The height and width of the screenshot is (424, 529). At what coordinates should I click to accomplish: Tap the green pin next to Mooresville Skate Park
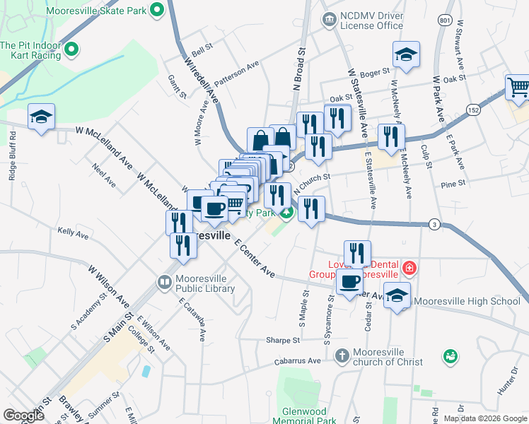click(157, 11)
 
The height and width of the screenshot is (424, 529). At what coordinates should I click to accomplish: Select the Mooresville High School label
click(466, 301)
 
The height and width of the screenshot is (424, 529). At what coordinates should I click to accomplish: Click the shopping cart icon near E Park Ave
click(518, 88)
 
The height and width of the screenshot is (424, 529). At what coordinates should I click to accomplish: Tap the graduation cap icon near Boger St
click(406, 54)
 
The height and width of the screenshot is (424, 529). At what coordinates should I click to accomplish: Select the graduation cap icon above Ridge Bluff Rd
click(41, 117)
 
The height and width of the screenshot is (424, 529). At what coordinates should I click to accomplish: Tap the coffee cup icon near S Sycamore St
click(349, 283)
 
